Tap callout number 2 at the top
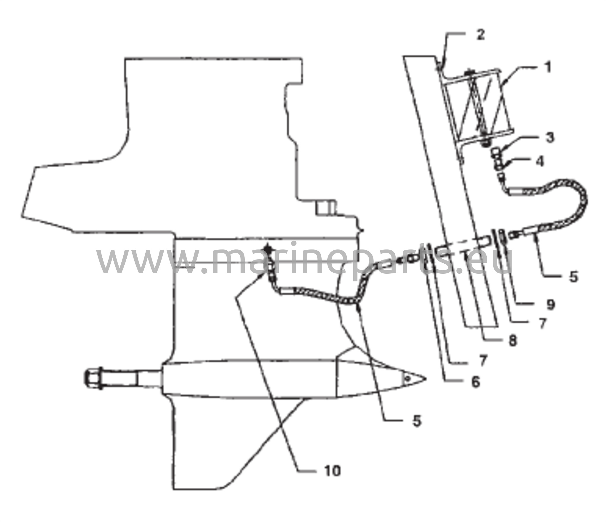480,35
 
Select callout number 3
550,137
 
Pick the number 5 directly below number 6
417,421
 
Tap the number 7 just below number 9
542,323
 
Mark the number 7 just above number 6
483,360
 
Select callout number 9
550,304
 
